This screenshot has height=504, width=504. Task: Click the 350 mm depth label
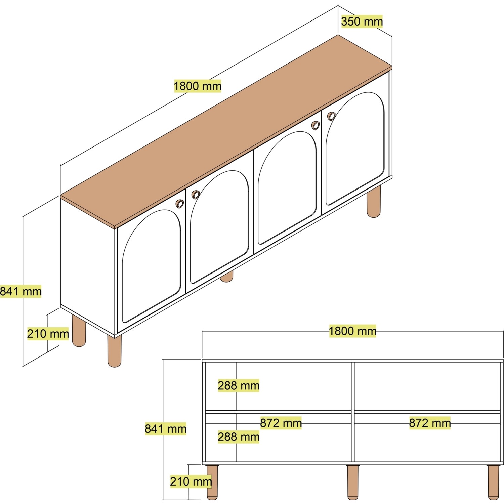pyautogui.click(x=362, y=22)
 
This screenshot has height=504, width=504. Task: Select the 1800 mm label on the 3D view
pyautogui.click(x=198, y=86)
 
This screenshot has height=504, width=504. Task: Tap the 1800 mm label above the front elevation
pyautogui.click(x=352, y=331)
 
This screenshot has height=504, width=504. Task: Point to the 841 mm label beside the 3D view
pyautogui.click(x=21, y=291)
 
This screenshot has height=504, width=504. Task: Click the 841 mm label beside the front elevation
pyautogui.click(x=166, y=429)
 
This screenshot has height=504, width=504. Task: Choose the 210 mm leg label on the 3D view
pyautogui.click(x=48, y=334)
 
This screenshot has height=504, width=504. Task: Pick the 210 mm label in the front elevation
pyautogui.click(x=191, y=481)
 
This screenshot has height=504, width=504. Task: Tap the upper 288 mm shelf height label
pyautogui.click(x=239, y=385)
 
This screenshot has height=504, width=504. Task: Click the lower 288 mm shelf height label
pyautogui.click(x=239, y=437)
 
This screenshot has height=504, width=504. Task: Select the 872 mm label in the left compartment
pyautogui.click(x=281, y=423)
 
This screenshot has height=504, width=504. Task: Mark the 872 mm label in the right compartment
pyautogui.click(x=430, y=423)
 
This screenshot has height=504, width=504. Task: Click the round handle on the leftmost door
pyautogui.click(x=180, y=204)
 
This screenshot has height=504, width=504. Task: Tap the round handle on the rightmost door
pyautogui.click(x=332, y=116)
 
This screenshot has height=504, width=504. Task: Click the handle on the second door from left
pyautogui.click(x=195, y=195)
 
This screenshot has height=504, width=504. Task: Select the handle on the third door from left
pyautogui.click(x=316, y=125)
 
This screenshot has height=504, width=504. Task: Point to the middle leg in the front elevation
pyautogui.click(x=352, y=481)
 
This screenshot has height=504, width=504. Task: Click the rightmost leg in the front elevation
pyautogui.click(x=493, y=481)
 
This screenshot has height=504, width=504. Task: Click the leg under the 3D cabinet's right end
pyautogui.click(x=374, y=202)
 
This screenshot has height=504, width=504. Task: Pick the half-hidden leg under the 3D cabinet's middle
pyautogui.click(x=227, y=277)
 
